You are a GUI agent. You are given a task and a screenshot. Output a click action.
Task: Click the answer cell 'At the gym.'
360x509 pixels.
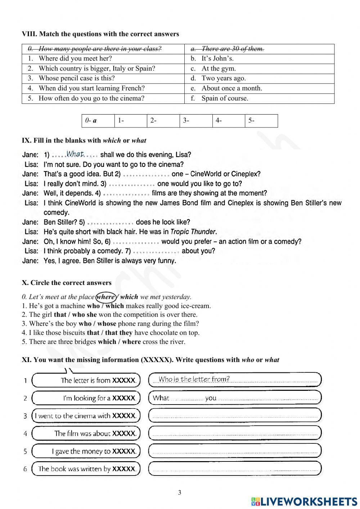[219, 68]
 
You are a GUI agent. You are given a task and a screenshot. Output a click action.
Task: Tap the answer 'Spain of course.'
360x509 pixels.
[225, 98]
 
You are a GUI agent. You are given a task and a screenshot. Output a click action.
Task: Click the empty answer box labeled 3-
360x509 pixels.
[196, 121]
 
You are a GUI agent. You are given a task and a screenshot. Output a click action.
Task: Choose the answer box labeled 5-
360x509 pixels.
[261, 121]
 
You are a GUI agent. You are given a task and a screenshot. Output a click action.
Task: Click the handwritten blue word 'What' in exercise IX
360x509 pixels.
[75, 154]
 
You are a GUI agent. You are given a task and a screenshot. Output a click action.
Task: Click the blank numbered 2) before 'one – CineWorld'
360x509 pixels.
[146, 174]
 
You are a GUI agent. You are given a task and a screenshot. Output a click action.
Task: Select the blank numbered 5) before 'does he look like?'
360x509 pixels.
[110, 222]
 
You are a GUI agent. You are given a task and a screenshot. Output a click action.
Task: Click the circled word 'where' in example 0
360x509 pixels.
[106, 297]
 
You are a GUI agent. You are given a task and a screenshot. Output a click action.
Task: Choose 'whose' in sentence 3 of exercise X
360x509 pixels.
[107, 323]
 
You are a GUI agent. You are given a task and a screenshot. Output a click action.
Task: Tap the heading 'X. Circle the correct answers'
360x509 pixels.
[67, 283]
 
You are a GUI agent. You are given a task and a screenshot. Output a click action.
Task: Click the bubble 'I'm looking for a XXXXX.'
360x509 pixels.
[86, 398]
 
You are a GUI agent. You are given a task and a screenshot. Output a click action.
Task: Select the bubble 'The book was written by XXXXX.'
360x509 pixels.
[86, 469]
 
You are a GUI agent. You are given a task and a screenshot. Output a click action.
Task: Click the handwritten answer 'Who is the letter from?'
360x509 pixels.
[194, 379]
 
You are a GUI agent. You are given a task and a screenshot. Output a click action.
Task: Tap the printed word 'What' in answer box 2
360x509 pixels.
[161, 398]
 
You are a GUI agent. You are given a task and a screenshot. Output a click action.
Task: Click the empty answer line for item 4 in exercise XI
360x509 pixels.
[235, 433]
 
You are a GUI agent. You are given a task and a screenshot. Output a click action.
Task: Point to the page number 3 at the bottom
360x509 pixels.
[180, 492]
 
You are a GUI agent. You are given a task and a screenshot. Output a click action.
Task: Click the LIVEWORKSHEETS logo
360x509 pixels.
[304, 501]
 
